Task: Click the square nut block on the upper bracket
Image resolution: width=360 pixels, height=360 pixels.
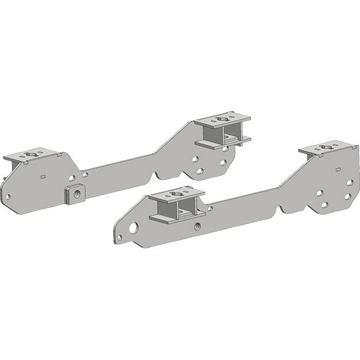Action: (x=74, y=194)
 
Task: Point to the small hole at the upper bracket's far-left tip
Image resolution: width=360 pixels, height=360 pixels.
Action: (x=8, y=197)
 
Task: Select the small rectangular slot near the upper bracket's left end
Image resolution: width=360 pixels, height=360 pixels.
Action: (x=43, y=175)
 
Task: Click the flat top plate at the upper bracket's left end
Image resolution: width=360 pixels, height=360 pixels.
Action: (x=32, y=155)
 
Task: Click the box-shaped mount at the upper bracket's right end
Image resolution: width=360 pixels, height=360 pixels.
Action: (x=223, y=130)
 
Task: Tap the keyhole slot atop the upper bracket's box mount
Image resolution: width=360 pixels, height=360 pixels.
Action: (x=222, y=118)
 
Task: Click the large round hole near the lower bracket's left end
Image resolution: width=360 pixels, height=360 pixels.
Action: (x=134, y=228)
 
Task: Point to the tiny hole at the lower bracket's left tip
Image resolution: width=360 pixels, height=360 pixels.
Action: (x=119, y=238)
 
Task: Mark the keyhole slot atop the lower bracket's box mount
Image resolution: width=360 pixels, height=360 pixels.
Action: (x=176, y=192)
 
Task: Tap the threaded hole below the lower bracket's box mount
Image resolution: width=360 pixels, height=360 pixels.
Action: (x=197, y=226)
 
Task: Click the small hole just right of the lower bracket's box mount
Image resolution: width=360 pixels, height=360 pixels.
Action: (x=210, y=208)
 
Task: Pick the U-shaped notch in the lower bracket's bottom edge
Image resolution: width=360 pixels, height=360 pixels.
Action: (x=288, y=208)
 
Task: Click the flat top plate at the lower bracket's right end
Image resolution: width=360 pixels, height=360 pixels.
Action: (x=328, y=148)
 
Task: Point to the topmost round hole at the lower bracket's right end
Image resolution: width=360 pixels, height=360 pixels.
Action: (x=349, y=182)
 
